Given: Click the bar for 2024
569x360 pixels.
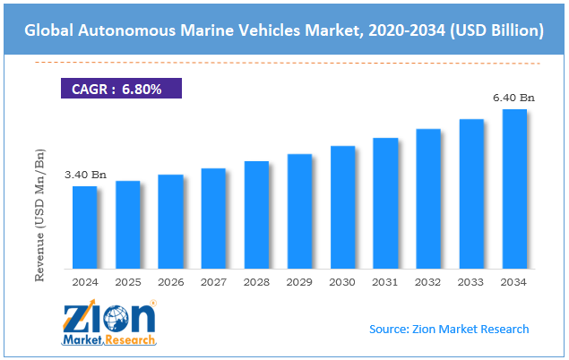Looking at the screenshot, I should pyautogui.click(x=84, y=227).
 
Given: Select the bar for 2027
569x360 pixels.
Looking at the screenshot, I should pyautogui.click(x=213, y=219).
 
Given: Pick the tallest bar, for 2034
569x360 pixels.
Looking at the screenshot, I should pyautogui.click(x=514, y=189).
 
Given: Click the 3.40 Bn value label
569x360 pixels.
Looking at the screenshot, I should pyautogui.click(x=84, y=175).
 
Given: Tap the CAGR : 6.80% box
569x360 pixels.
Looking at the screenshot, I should pyautogui.click(x=120, y=89).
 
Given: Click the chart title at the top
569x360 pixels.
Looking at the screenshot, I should pyautogui.click(x=284, y=30).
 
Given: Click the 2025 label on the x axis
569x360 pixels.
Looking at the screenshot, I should pyautogui.click(x=127, y=282).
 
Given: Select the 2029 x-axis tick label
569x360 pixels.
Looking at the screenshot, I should pyautogui.click(x=299, y=282).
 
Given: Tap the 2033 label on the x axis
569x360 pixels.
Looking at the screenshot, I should pyautogui.click(x=471, y=282).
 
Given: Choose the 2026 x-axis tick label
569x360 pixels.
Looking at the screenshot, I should pyautogui.click(x=170, y=282).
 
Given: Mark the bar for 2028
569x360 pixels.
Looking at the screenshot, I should pyautogui.click(x=256, y=215).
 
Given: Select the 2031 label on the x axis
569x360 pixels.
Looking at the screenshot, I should pyautogui.click(x=385, y=282).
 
